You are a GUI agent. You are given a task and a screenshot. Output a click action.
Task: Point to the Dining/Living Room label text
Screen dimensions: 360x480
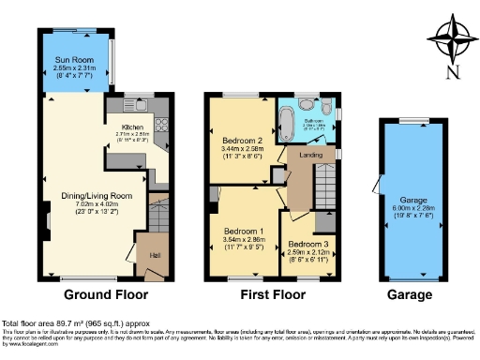coord(92,193)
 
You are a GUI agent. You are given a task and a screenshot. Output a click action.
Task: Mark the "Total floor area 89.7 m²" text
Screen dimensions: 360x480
coord(56,322)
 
